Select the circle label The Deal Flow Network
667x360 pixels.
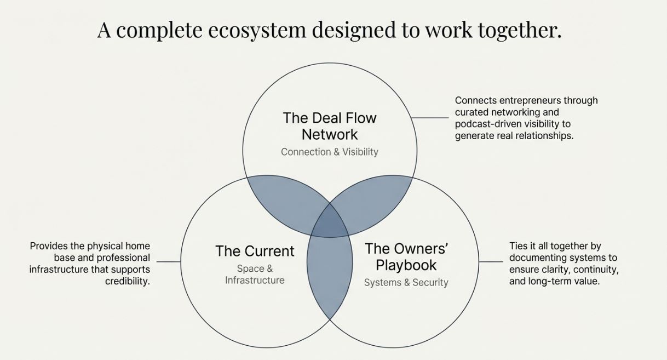tap(330, 126)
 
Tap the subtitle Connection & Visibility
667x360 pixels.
tap(330, 152)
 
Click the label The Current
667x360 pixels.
tap(255, 251)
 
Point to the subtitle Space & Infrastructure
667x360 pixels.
tap(255, 275)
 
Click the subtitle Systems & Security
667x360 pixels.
tap(406, 283)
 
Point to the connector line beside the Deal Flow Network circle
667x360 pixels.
tap(430, 118)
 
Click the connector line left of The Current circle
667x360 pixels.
tap(169, 262)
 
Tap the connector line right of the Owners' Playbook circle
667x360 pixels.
tap(491, 262)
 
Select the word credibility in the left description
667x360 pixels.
tap(127, 282)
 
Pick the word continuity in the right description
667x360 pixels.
tap(594, 270)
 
